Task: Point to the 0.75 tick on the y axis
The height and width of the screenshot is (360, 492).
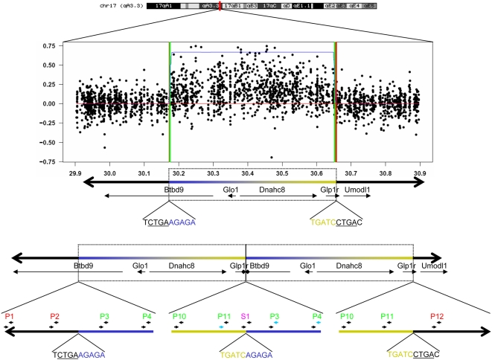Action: click(53, 45)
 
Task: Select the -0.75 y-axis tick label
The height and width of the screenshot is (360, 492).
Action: click(51, 161)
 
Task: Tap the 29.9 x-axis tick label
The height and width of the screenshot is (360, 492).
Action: click(75, 172)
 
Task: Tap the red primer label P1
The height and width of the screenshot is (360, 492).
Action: click(9, 316)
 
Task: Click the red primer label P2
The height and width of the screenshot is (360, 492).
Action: click(54, 316)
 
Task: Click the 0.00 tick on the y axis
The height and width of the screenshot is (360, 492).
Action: click(53, 103)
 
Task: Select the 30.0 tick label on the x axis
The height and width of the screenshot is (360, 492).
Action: click(109, 172)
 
